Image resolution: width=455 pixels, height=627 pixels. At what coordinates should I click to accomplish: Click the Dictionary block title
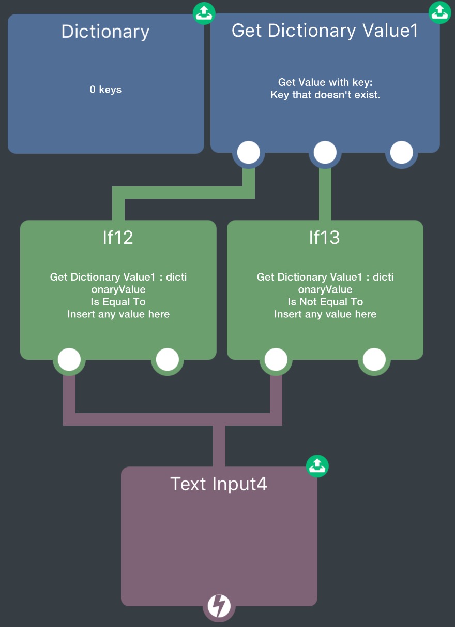coord(105,32)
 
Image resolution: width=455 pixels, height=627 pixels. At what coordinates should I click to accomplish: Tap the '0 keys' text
coord(105,90)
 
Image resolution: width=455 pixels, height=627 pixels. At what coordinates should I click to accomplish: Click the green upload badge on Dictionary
coord(204,13)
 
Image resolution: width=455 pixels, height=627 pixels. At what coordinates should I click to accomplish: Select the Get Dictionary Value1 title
coord(325,31)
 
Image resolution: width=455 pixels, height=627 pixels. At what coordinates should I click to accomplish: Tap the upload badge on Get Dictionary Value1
coord(440,12)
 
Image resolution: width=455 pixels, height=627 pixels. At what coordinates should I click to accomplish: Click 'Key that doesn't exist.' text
coord(325,95)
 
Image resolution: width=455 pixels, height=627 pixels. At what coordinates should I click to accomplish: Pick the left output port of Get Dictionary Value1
coord(249,153)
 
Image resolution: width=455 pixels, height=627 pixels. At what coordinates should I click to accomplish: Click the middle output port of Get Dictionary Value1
coord(325,153)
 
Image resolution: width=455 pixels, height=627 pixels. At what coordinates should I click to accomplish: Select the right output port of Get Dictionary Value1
coord(402,153)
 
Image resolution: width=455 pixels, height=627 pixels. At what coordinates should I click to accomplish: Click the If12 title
coord(118,237)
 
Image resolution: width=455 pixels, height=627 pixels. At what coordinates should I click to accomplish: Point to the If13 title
coord(325,237)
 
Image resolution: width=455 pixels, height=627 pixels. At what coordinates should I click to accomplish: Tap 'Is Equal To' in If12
coord(118,302)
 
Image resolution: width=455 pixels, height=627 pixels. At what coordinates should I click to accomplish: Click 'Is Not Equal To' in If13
coord(325,302)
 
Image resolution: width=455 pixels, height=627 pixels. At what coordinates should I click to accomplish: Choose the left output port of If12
coord(69,359)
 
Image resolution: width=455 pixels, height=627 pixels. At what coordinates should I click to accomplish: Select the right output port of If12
coord(168,359)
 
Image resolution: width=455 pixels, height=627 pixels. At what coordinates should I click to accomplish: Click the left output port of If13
coord(276,359)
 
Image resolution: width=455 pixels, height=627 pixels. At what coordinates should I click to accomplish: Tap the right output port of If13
coord(374,359)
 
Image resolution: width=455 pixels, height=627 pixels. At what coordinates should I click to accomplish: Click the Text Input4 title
coord(219,484)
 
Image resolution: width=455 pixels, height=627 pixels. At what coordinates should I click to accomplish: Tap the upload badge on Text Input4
coord(317,466)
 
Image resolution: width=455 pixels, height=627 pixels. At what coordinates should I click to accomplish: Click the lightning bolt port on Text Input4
coord(219,606)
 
